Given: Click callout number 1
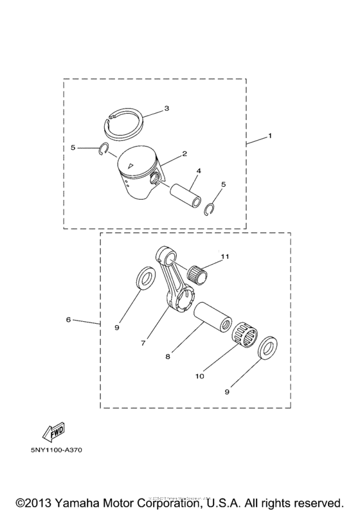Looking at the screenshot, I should tap(270, 136).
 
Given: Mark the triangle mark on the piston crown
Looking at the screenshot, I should tap(130, 165).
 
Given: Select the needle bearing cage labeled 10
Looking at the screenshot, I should tap(245, 335).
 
